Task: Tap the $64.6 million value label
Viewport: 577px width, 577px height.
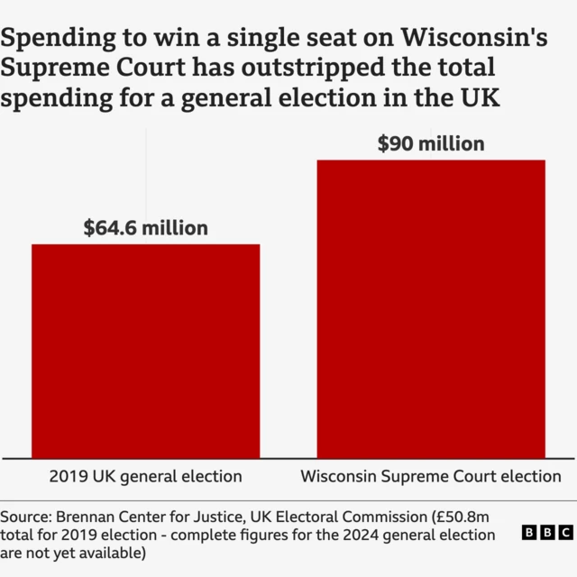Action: pos(146,228)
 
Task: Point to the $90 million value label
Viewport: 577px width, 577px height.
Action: pos(431,143)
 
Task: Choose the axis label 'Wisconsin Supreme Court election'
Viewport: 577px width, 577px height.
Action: pos(431,476)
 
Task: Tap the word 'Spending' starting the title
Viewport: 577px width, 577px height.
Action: pos(59,39)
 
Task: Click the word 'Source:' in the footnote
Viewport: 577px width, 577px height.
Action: pos(25,517)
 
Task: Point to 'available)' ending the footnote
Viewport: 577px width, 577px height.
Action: pos(111,553)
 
